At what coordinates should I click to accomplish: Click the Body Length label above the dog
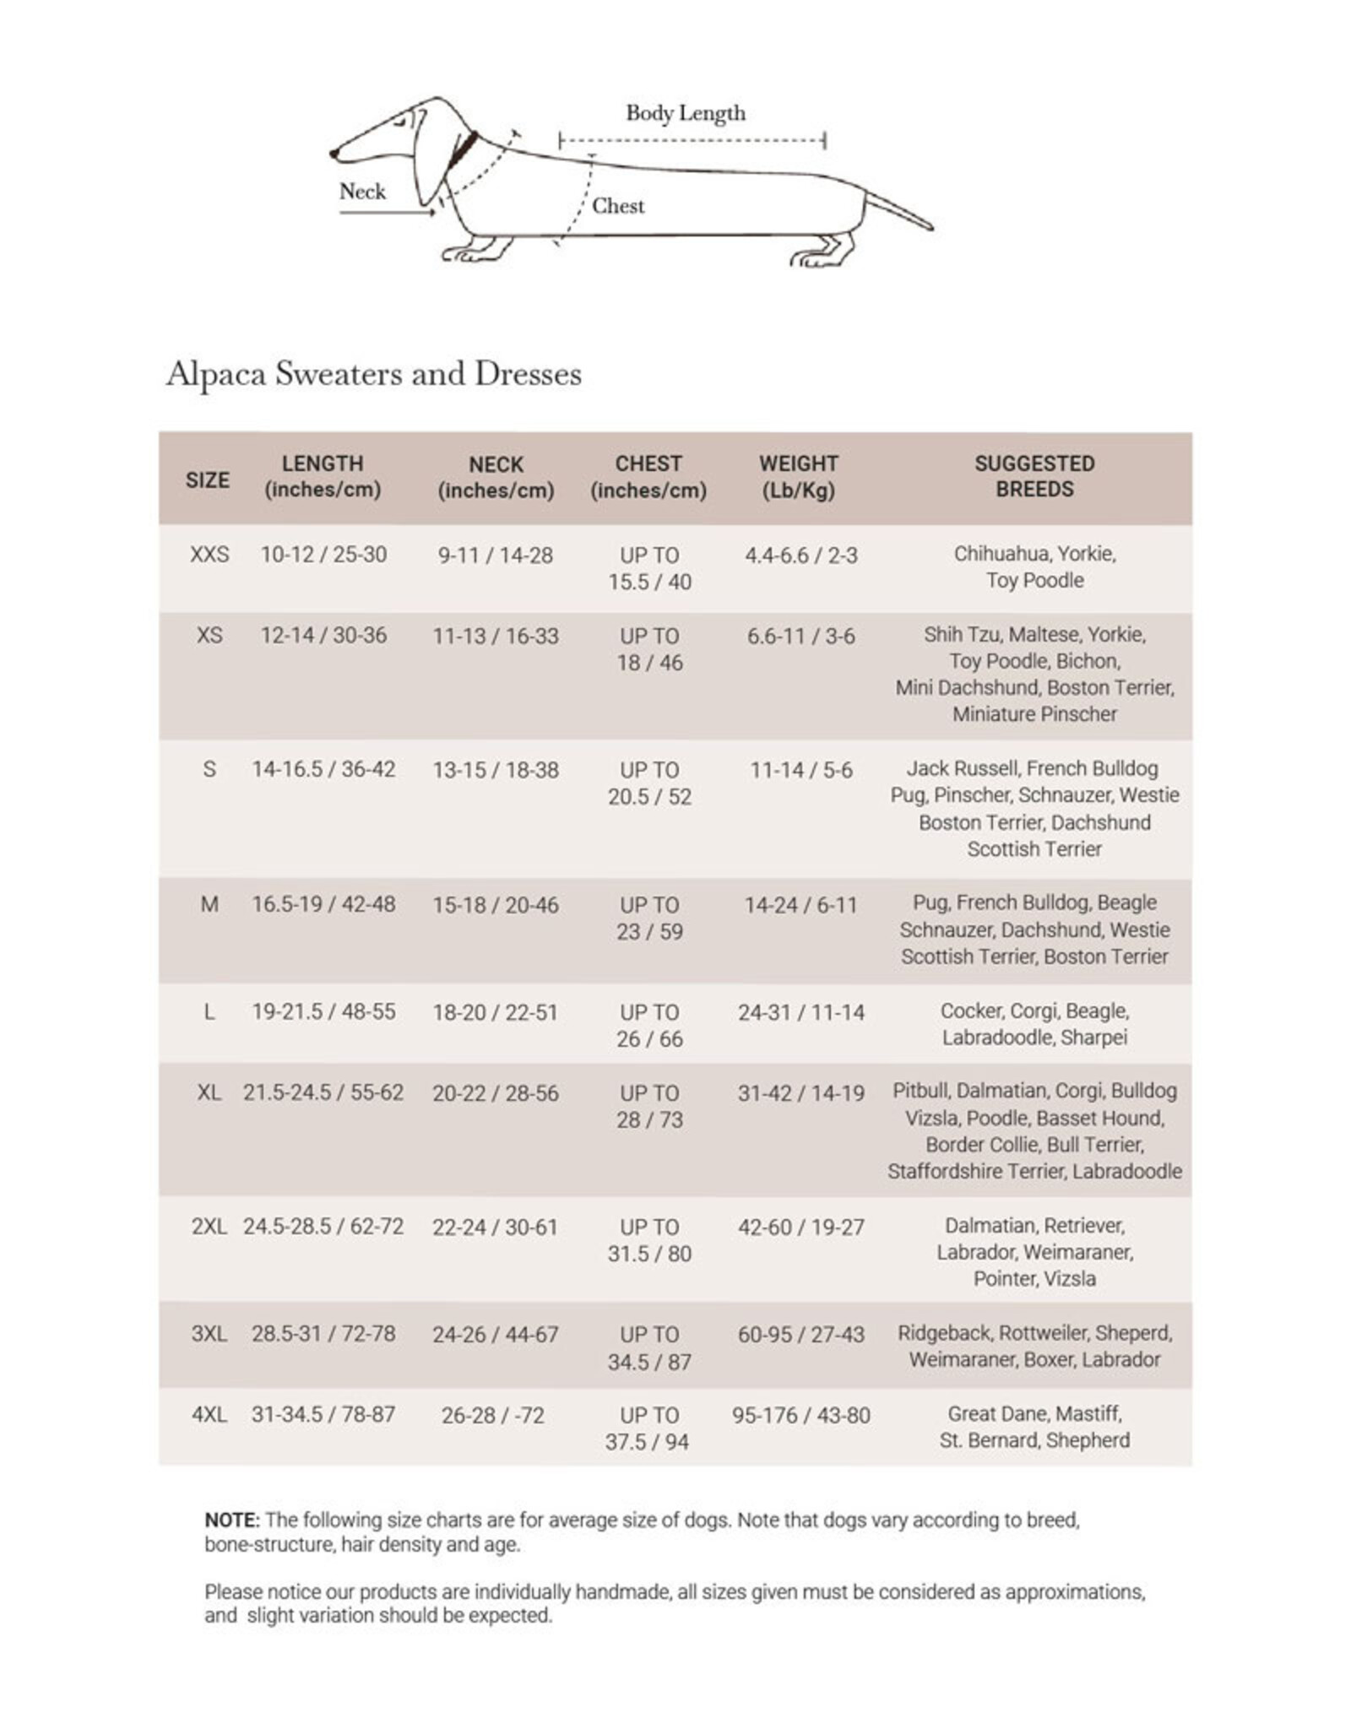(685, 113)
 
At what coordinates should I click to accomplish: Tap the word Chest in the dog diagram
(617, 206)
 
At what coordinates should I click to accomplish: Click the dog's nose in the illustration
(334, 154)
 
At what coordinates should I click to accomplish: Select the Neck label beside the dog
(362, 192)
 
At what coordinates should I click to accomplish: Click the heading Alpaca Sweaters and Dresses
(373, 374)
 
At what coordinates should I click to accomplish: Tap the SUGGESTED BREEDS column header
(1034, 476)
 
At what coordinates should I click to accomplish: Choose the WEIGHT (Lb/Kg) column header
(798, 476)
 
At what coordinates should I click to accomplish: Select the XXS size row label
(209, 555)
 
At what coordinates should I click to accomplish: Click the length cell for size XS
(323, 635)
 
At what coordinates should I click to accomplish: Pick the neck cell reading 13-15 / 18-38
(496, 770)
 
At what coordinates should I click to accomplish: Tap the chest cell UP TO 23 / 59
(648, 918)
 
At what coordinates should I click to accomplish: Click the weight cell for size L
(800, 1012)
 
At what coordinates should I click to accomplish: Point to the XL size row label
(209, 1093)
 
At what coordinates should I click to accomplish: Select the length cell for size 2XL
(323, 1227)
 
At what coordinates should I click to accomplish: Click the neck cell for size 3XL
(496, 1335)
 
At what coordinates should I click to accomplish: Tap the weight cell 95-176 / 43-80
(800, 1415)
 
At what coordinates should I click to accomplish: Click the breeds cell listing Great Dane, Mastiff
(1034, 1427)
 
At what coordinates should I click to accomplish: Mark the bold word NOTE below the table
(231, 1520)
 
